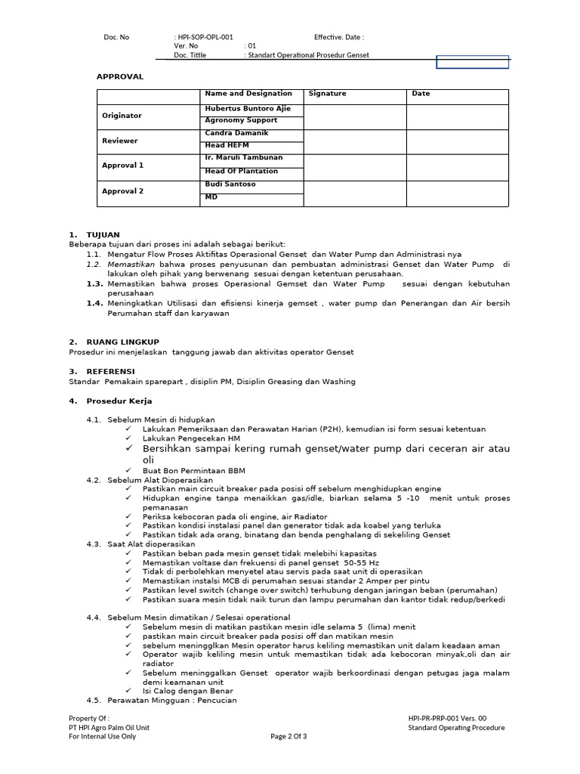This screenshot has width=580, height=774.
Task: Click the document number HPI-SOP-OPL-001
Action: click(205, 36)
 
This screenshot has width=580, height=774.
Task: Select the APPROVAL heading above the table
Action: click(119, 76)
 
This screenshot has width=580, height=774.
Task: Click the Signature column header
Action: click(327, 94)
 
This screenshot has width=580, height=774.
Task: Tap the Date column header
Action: click(421, 94)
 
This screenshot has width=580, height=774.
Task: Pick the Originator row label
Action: click(122, 116)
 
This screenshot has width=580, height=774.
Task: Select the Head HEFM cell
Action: click(227, 145)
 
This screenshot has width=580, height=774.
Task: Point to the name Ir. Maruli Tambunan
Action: click(244, 157)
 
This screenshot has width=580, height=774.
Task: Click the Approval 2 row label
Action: click(122, 191)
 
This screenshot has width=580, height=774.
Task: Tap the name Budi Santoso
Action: click(230, 184)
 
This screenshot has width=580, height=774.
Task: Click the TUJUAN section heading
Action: click(103, 235)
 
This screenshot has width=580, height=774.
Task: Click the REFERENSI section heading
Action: click(111, 372)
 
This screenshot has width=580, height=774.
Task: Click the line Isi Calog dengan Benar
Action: click(187, 691)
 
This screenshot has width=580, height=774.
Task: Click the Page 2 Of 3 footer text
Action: click(288, 737)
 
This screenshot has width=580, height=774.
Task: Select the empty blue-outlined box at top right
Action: click(473, 62)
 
